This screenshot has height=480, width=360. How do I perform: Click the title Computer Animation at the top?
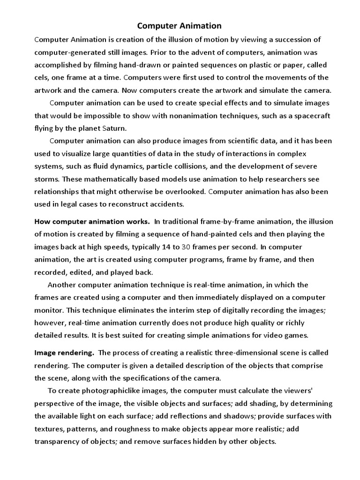(x=180, y=26)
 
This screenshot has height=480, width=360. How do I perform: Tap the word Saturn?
(x=113, y=128)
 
